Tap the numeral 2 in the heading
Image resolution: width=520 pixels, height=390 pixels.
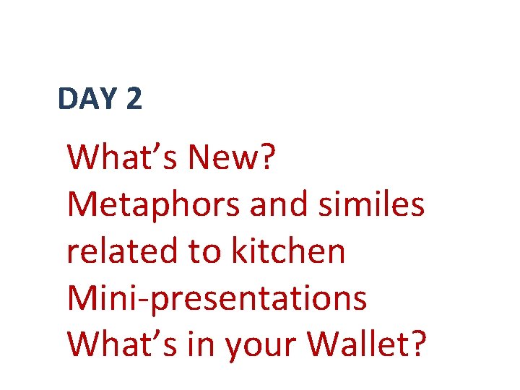click(x=134, y=99)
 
